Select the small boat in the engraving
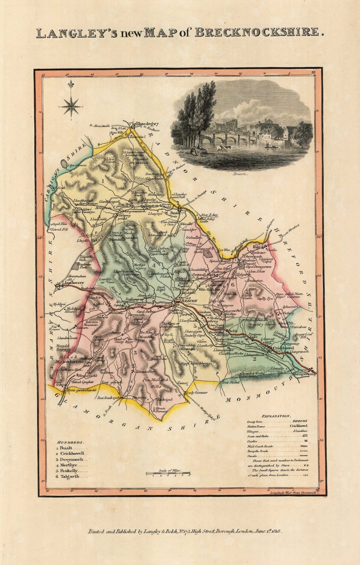[270, 144]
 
